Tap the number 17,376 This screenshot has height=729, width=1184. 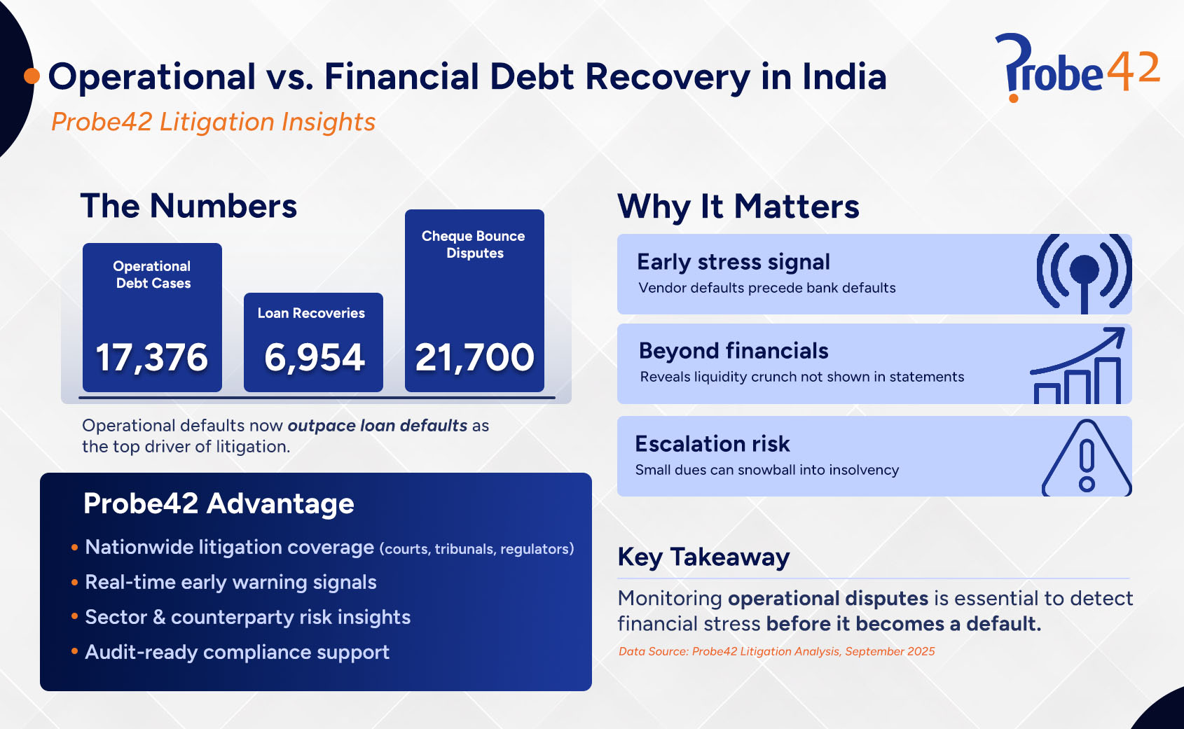151,358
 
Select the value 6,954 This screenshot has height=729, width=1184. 314,358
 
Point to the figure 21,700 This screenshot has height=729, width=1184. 474,358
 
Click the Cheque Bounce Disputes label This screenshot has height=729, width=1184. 474,244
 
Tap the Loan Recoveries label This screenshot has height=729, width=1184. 311,313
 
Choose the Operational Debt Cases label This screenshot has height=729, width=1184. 152,275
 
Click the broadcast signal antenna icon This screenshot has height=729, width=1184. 1084,274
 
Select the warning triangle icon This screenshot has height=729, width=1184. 1087,459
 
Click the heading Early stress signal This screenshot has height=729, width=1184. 733,262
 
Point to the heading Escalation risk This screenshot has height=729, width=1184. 712,444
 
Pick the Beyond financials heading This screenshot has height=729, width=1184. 733,351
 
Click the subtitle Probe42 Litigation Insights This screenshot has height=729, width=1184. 214,122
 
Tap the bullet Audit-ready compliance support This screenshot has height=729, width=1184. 237,652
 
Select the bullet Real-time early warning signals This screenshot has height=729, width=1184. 230,582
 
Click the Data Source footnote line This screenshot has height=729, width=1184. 776,651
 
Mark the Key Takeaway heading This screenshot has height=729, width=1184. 703,557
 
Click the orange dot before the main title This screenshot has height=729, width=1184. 32,76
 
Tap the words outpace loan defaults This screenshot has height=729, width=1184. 377,426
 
